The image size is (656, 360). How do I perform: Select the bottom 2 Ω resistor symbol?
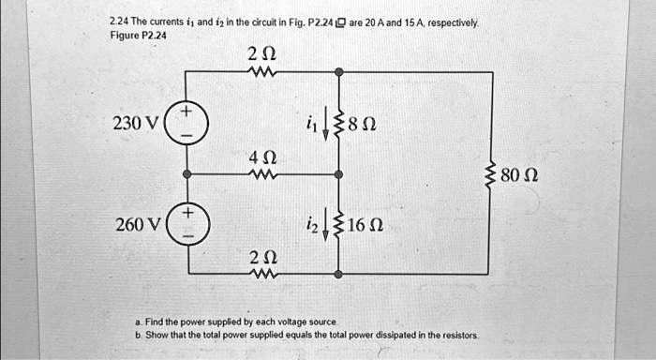coord(262,274)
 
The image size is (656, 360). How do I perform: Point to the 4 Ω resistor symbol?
coord(262,173)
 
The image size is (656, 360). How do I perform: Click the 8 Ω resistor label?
coord(362,123)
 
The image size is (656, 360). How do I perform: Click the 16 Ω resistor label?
coord(365,225)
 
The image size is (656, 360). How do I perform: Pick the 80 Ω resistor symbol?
coord(489,173)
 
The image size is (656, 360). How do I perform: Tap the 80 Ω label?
coord(519,174)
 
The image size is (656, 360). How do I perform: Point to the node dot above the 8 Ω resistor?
coord(339,71)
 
